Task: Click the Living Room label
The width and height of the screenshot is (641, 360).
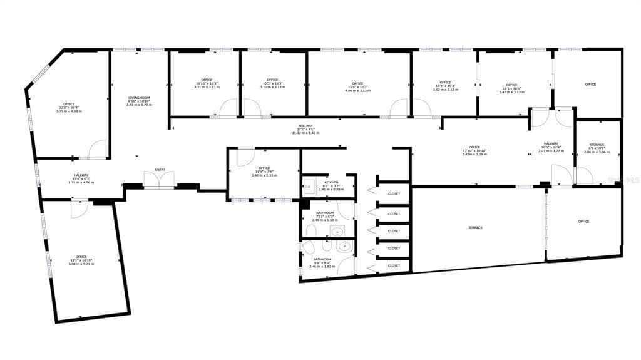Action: (x=139, y=98)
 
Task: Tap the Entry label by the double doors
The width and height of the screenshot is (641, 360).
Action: (x=160, y=170)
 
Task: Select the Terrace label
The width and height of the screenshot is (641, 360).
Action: (x=475, y=227)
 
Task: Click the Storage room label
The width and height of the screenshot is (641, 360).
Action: (x=596, y=145)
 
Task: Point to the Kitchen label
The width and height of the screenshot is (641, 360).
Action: (x=331, y=182)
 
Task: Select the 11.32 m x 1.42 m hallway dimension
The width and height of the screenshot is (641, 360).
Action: (x=305, y=133)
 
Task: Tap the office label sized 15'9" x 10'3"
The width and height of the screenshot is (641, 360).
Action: (x=357, y=83)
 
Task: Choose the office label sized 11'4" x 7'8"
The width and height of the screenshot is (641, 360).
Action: (x=264, y=168)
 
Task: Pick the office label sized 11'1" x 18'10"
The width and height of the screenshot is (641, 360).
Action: (x=81, y=257)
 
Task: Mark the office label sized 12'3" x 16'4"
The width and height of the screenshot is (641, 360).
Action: (x=68, y=104)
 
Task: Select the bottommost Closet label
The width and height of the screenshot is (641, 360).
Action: (x=394, y=265)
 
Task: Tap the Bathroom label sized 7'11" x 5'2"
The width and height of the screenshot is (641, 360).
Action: (x=324, y=213)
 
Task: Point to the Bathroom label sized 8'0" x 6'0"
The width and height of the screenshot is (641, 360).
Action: (x=322, y=259)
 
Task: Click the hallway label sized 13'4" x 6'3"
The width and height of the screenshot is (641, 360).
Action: (x=81, y=175)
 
